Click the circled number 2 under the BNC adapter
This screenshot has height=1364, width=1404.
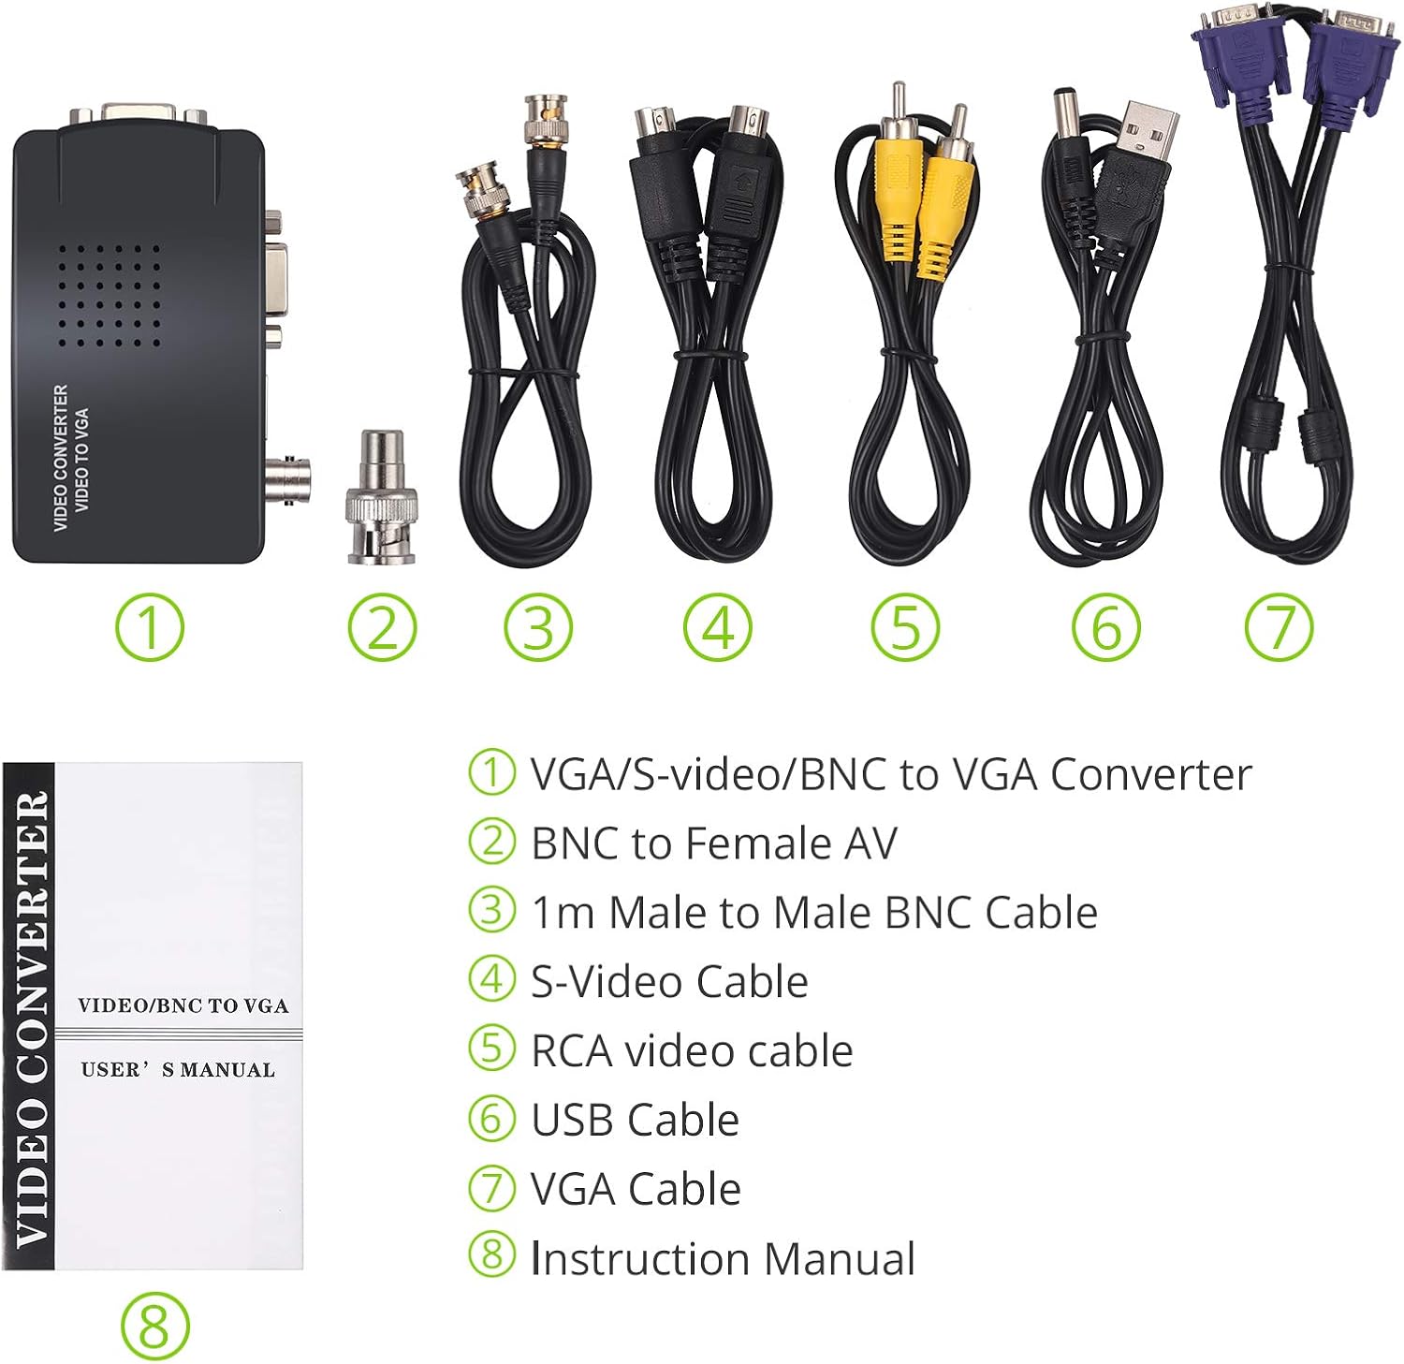click(x=382, y=626)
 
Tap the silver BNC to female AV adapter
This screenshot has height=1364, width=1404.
click(x=382, y=497)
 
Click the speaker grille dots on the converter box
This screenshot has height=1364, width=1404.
click(x=110, y=295)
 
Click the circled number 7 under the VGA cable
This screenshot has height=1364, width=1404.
click(x=1280, y=626)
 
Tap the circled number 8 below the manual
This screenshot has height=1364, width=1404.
click(x=154, y=1327)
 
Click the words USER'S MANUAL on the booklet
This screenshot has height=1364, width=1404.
click(x=178, y=1069)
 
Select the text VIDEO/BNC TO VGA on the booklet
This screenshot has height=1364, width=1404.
click(x=183, y=1005)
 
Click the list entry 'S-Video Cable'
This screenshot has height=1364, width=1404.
click(x=669, y=981)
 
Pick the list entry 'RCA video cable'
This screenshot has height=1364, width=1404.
click(x=692, y=1050)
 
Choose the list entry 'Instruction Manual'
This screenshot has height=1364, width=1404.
click(x=723, y=1258)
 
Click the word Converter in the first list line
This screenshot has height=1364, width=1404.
click(x=1150, y=774)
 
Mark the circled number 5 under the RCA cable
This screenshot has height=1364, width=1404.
click(x=905, y=626)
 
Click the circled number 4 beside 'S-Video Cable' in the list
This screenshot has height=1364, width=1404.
click(x=491, y=979)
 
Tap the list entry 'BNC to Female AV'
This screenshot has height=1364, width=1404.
click(x=713, y=843)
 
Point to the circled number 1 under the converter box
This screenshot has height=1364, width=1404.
click(x=150, y=626)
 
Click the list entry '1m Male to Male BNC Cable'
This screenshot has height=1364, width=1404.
click(x=814, y=913)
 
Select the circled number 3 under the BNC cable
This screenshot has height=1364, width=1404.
click(x=538, y=626)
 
